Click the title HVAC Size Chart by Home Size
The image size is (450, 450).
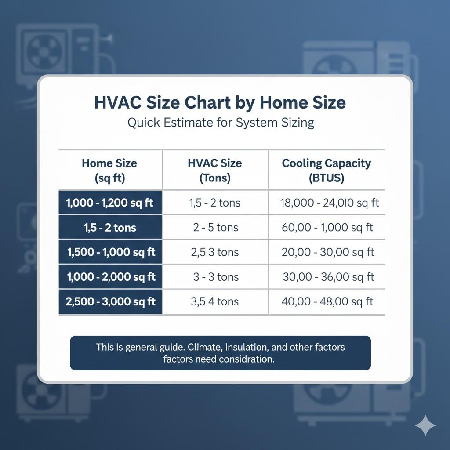220,102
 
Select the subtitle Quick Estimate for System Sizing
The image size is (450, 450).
221,122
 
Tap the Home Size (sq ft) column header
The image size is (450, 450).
109,170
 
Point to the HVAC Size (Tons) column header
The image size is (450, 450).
215,170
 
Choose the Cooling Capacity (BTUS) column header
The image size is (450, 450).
326,170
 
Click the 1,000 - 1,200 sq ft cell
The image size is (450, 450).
110,203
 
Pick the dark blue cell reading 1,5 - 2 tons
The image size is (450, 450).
110,228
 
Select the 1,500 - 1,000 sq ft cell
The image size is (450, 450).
111,252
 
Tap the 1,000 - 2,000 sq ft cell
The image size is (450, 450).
111,277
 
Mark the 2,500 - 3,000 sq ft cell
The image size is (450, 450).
110,301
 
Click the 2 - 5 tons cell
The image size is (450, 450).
215,228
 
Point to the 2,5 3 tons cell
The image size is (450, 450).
215,252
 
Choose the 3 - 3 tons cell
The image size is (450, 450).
215,277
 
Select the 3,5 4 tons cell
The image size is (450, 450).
215,301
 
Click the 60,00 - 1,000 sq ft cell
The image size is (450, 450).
327,228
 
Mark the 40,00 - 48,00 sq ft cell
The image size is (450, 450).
327,301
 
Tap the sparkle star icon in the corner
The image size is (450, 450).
425,425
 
